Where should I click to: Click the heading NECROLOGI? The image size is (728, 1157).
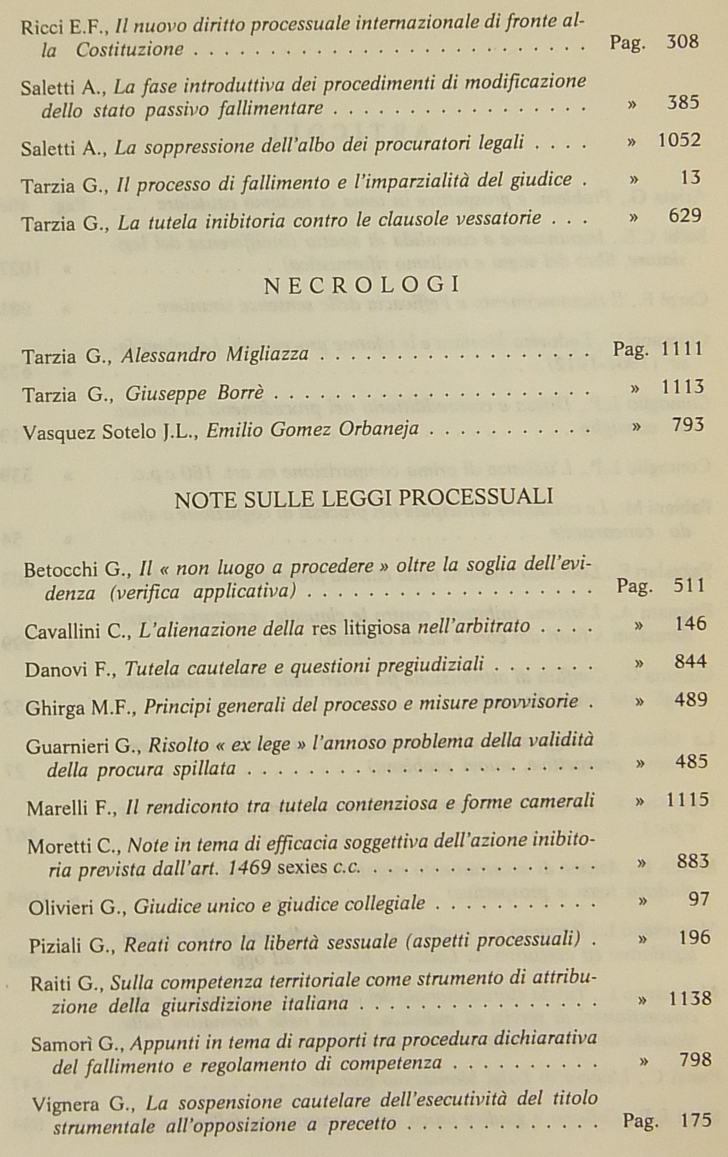coord(362,285)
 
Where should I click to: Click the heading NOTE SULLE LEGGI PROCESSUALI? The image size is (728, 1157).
coord(364,498)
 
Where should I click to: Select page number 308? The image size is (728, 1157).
coord(682,42)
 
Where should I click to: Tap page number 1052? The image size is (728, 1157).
coord(679,140)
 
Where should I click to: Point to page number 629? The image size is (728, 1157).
coord(685,216)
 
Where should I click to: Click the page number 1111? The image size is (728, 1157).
coord(683,349)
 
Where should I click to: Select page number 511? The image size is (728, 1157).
coord(689,585)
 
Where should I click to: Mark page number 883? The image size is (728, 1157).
coord(692,861)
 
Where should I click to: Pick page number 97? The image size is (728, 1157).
coord(698,899)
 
